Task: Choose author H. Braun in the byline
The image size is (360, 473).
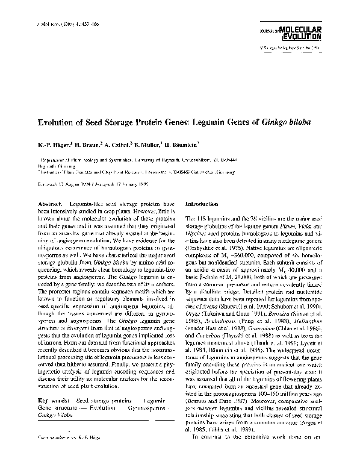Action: (x=88, y=145)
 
